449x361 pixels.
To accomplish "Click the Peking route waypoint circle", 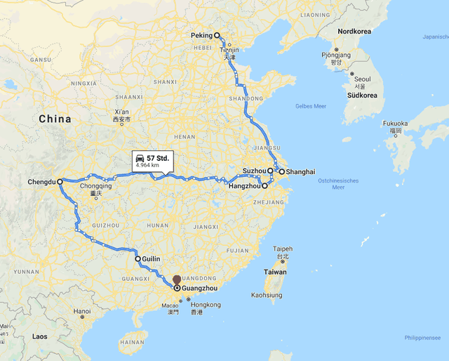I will click(x=217, y=35).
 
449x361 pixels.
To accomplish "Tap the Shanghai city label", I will click(x=300, y=172).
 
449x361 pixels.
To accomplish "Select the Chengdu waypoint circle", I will click(x=60, y=182).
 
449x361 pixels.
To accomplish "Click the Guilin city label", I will click(x=151, y=259).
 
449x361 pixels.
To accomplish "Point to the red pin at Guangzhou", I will click(x=177, y=281).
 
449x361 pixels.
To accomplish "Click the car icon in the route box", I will click(x=140, y=158).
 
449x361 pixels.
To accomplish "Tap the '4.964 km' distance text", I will click(x=153, y=166).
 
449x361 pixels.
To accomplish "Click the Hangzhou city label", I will click(x=245, y=186).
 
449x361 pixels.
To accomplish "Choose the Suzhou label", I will click(x=254, y=171).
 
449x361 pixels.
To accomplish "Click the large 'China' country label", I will click(x=55, y=119).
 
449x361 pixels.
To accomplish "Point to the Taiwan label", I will click(x=276, y=272).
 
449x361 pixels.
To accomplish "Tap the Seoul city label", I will click(x=363, y=79).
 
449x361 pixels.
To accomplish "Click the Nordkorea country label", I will click(x=354, y=32).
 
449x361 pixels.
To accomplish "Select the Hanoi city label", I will click(x=82, y=311).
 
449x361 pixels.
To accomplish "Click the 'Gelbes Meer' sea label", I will click(x=311, y=106).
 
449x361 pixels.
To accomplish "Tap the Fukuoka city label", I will click(x=395, y=123).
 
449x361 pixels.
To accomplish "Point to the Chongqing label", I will click(x=96, y=186).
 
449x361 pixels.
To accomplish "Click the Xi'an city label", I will click(x=121, y=112).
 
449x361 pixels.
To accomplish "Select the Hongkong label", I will click(x=206, y=305).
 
